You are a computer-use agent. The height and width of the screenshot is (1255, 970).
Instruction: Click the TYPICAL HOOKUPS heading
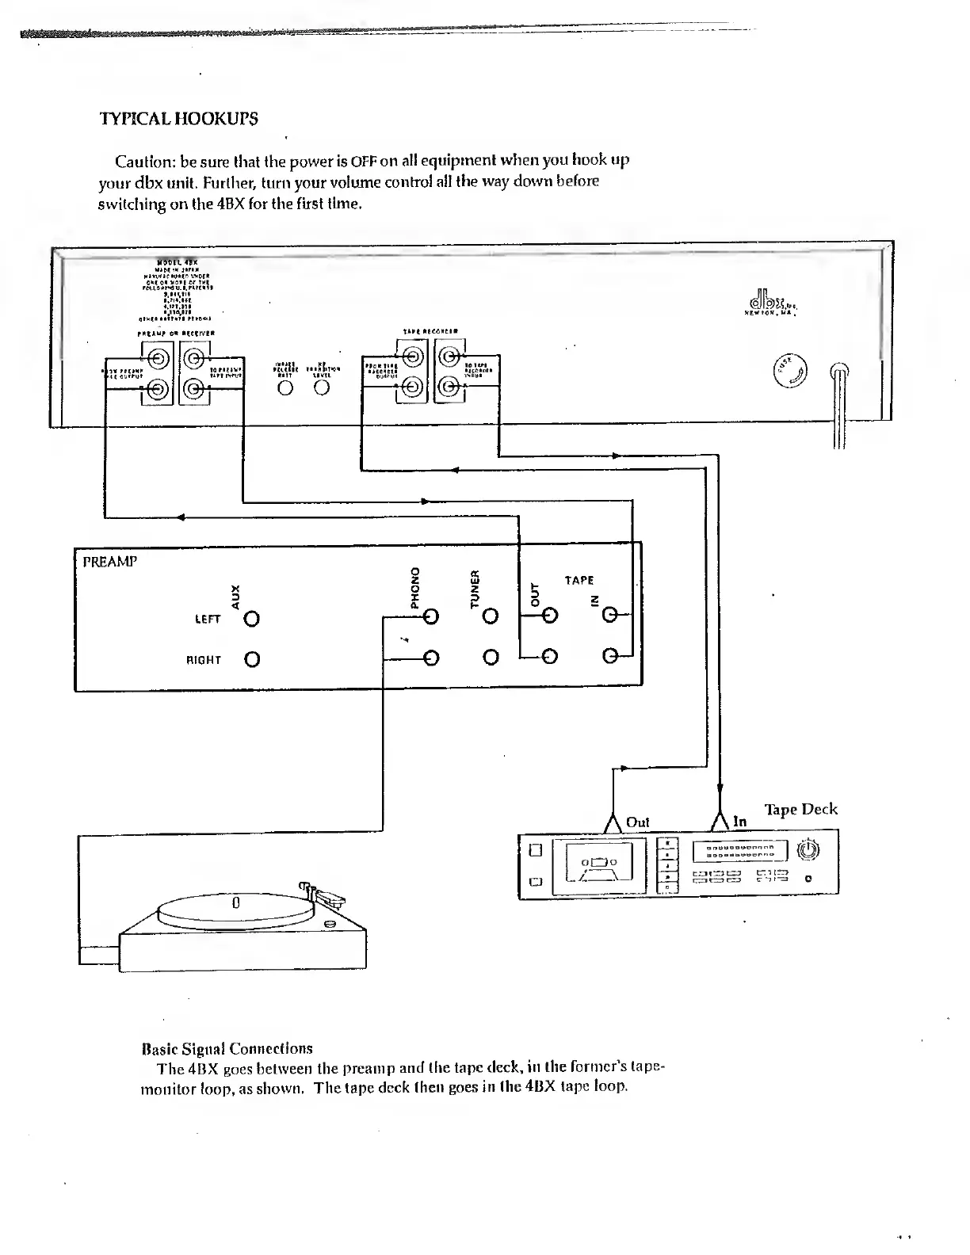[x=178, y=120]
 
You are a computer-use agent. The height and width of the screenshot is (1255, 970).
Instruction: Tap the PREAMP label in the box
[x=110, y=562]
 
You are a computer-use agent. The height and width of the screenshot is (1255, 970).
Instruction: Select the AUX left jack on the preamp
[x=252, y=618]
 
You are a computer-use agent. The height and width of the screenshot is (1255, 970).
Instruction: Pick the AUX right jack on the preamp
[x=252, y=659]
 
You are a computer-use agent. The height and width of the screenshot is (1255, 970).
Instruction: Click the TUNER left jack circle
[x=491, y=616]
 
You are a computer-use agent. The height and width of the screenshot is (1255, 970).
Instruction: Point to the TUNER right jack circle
[x=491, y=657]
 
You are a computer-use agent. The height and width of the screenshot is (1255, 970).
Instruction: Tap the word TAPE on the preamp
[x=579, y=580]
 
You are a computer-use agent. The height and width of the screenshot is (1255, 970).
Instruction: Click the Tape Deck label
[x=800, y=809]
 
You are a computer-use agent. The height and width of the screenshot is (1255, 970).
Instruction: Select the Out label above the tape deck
[x=637, y=822]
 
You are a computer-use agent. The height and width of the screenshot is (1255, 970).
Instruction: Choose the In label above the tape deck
[x=739, y=822]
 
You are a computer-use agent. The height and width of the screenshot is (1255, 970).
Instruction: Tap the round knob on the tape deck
[x=807, y=851]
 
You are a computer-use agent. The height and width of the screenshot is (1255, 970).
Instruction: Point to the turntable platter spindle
[x=235, y=902]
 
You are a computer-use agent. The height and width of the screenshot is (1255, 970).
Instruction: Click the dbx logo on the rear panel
[x=769, y=303]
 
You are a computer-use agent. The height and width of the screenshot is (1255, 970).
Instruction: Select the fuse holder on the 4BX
[x=790, y=370]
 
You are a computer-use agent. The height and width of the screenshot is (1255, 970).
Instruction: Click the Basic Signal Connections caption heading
[x=227, y=1049]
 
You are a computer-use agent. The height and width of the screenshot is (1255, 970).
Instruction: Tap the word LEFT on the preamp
[x=208, y=619]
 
